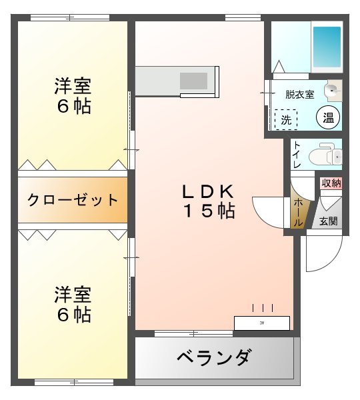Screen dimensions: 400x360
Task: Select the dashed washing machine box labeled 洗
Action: (x=286, y=120)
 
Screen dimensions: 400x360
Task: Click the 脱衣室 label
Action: (x=299, y=94)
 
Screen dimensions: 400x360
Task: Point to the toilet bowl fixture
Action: (x=327, y=154)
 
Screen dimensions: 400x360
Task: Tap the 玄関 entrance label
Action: (x=328, y=221)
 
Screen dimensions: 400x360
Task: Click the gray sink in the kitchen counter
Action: (x=193, y=81)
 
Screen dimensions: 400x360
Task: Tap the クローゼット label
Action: (x=73, y=200)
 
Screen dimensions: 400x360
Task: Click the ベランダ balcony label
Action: (x=213, y=358)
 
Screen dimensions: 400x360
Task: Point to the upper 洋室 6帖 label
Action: (x=73, y=95)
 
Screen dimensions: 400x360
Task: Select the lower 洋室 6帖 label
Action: (x=73, y=304)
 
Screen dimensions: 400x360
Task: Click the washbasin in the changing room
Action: (x=333, y=90)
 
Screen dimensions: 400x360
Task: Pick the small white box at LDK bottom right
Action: (x=261, y=323)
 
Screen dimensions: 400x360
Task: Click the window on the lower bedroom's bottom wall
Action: (x=73, y=383)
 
